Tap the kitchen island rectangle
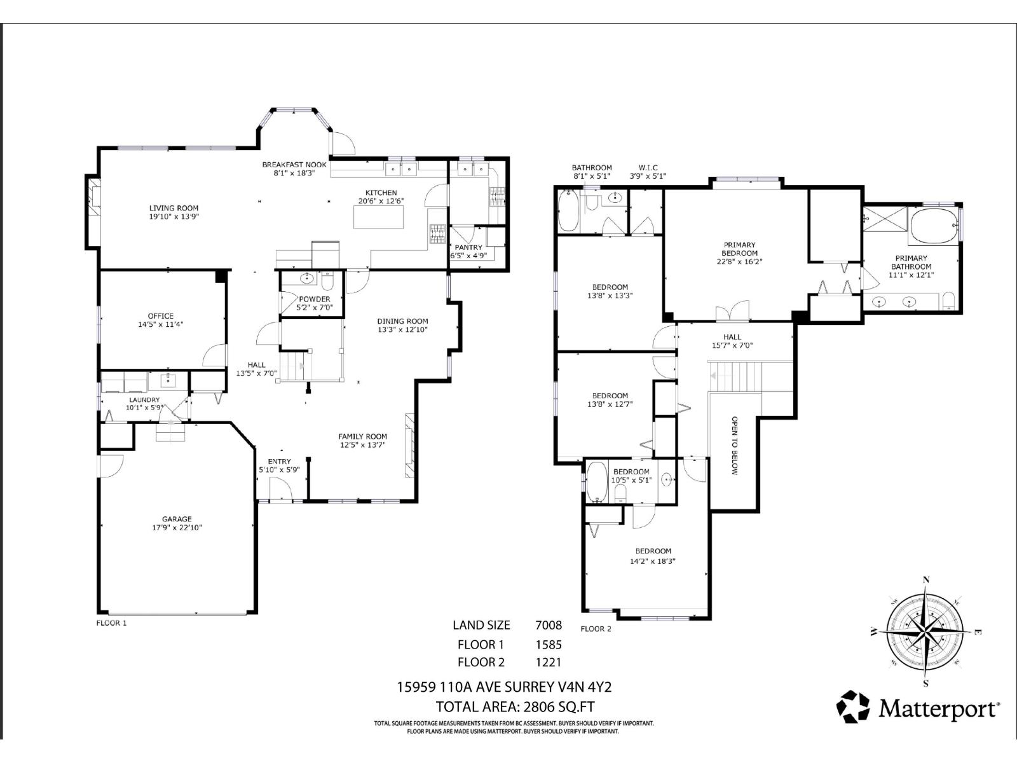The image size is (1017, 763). click(379, 218)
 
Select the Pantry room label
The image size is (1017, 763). click(468, 247)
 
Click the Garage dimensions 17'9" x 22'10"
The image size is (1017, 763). click(176, 527)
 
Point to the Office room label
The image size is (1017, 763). click(160, 316)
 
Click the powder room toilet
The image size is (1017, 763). click(328, 280)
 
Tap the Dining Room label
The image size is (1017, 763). click(402, 321)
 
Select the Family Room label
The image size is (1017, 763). click(362, 436)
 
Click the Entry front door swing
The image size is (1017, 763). click(280, 490)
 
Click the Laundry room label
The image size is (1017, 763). click(146, 400)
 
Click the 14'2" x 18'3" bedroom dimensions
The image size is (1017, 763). click(653, 561)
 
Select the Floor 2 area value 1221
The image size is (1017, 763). click(549, 662)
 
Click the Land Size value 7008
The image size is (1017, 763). click(549, 625)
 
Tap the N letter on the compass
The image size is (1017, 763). click(926, 579)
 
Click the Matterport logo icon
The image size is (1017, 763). click(852, 706)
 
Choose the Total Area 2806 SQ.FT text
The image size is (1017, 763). click(515, 706)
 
